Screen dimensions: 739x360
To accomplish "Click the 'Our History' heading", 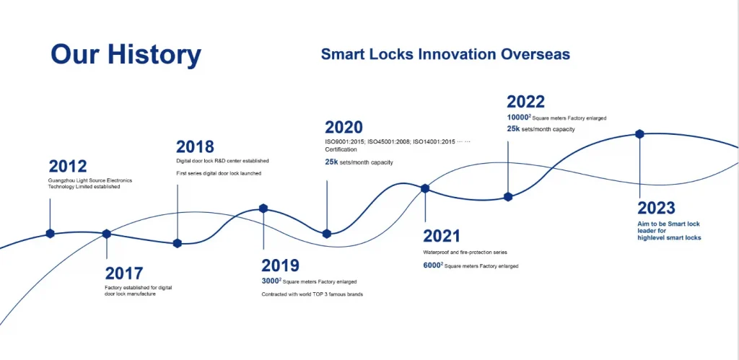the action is pos(126,54).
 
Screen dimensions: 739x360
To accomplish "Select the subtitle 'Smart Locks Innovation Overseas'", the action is pos(445,54).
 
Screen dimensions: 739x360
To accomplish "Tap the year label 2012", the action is pos(68,167).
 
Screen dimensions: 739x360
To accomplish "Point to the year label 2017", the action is pos(124,273).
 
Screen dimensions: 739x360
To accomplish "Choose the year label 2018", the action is pos(195,147).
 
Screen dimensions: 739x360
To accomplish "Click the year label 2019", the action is pos(281,265).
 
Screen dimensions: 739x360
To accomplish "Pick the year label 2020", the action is pos(344,127).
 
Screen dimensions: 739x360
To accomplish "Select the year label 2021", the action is pos(442,236).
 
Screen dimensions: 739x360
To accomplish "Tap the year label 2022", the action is pos(526,102).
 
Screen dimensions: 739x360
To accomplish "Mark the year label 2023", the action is pos(657,208).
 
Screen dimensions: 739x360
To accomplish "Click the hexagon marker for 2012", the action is pos(50,233).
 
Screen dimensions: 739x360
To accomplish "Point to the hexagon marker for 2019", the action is pos(263,208).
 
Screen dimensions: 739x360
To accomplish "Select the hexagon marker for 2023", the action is pos(639,133).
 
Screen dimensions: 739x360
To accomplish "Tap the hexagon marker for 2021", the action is pos(425,188).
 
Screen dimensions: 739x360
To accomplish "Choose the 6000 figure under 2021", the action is pos(433,265).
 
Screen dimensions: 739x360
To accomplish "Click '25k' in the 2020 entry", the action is pos(332,162).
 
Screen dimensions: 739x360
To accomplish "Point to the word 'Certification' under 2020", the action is pos(341,149).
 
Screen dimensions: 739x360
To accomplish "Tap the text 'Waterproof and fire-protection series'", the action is pos(465,253).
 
